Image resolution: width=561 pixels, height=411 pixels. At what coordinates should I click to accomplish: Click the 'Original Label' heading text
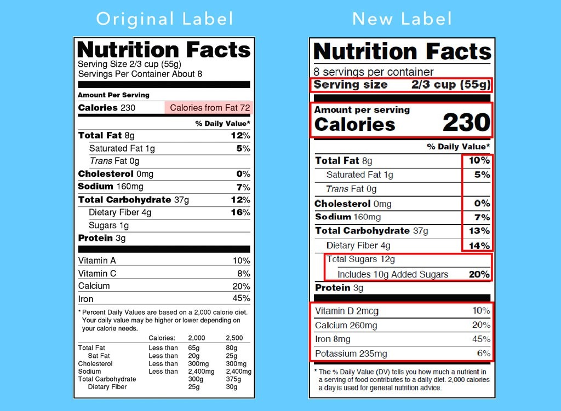click(164, 19)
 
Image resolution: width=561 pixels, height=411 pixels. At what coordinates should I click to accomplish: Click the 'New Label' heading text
click(402, 19)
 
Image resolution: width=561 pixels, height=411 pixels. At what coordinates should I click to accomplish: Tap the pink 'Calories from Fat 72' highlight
click(209, 108)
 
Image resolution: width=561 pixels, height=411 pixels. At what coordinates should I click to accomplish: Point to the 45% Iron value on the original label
click(241, 299)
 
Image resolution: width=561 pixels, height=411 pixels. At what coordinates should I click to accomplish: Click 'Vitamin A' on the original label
click(97, 261)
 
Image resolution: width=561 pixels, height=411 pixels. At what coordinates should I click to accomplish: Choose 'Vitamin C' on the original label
click(97, 274)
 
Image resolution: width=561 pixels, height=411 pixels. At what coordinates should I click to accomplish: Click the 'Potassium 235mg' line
click(351, 354)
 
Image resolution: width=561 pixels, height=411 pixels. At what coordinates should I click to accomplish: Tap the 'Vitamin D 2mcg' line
click(346, 311)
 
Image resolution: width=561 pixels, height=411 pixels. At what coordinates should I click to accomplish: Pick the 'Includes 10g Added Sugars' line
click(392, 274)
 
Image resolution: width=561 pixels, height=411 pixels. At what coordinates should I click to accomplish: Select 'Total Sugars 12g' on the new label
click(360, 259)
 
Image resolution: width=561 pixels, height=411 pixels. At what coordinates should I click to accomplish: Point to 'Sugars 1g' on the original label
click(108, 225)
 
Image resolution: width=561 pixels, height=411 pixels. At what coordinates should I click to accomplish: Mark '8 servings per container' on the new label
click(373, 72)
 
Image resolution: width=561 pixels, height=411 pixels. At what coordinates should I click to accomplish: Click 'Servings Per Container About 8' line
click(140, 74)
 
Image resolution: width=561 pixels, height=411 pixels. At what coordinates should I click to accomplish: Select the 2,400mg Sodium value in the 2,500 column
click(239, 372)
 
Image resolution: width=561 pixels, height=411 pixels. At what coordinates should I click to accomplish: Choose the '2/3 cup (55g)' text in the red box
click(451, 85)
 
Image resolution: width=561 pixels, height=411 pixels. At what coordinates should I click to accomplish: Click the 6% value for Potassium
click(483, 354)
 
